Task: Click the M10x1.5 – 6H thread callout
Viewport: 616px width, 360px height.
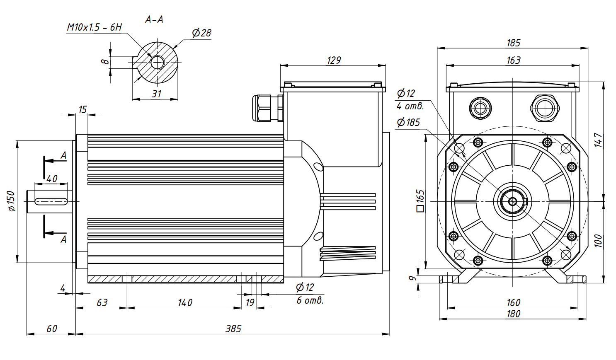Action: [x=95, y=27]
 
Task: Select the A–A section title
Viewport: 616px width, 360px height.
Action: [x=154, y=19]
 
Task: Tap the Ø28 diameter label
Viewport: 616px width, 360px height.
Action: [x=201, y=33]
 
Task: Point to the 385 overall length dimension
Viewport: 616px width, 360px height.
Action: [x=233, y=329]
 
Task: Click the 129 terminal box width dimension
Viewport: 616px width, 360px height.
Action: [x=334, y=60]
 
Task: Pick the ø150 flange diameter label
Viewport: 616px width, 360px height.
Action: [x=12, y=201]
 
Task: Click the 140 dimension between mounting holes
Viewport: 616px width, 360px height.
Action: [x=185, y=302]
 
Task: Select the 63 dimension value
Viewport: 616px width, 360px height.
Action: [x=102, y=302]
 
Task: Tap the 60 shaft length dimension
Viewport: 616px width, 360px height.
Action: [x=52, y=329]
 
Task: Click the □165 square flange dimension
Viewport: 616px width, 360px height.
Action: [x=420, y=201]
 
